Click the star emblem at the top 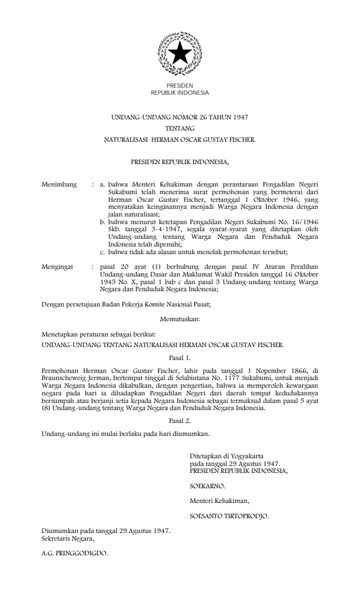point(180,54)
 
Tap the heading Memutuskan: point(180,318)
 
